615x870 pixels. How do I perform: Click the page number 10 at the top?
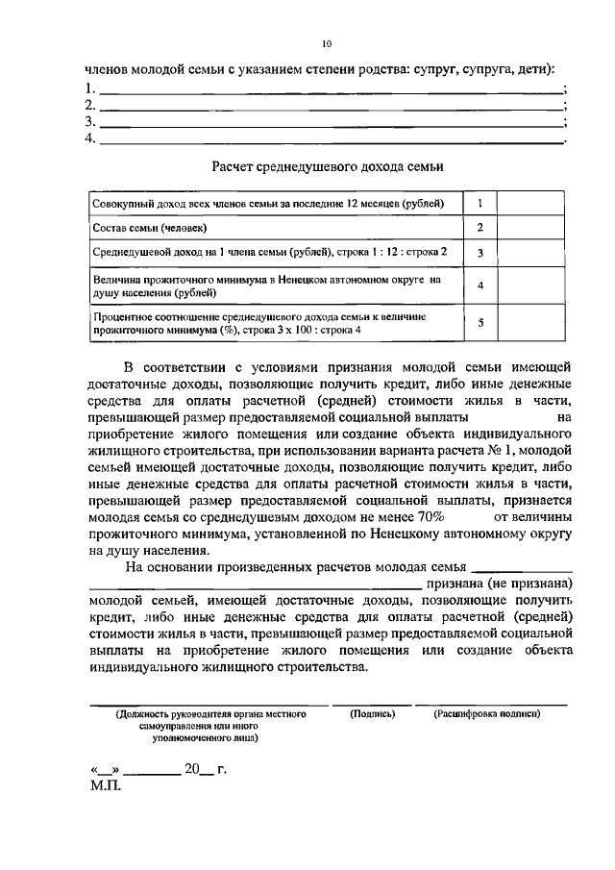click(x=326, y=43)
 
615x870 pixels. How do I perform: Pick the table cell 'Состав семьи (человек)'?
click(x=149, y=228)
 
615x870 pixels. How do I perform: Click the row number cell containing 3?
click(x=480, y=253)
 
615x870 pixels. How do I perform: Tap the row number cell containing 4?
click(x=480, y=286)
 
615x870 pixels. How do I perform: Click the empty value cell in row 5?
click(x=530, y=323)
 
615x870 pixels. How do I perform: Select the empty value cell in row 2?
click(x=530, y=228)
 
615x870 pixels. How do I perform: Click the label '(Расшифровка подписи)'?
click(x=486, y=714)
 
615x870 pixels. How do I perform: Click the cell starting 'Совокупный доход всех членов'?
click(x=268, y=204)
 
